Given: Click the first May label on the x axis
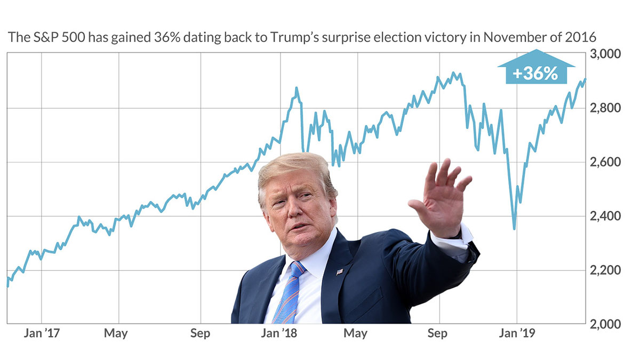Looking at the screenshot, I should pyautogui.click(x=116, y=334).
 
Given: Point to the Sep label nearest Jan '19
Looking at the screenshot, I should pyautogui.click(x=437, y=334).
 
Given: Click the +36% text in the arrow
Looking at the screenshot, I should pyautogui.click(x=535, y=74).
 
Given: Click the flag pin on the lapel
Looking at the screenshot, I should pyautogui.click(x=339, y=272).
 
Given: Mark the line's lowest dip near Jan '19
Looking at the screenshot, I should pyautogui.click(x=514, y=229).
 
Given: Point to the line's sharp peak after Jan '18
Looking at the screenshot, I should pyautogui.click(x=297, y=88).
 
